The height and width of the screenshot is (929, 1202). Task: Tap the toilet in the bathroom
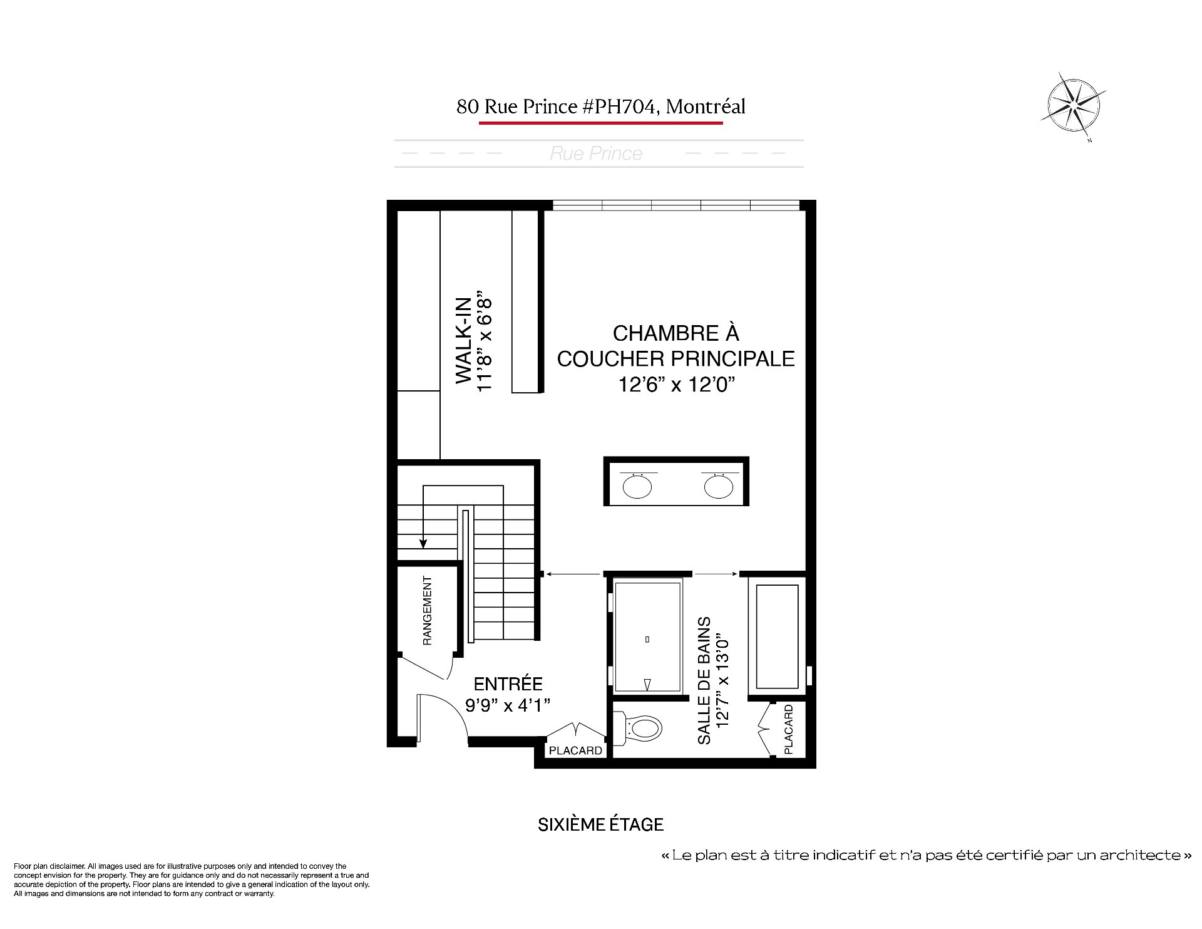(x=640, y=728)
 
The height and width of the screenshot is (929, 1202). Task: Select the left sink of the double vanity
(x=637, y=486)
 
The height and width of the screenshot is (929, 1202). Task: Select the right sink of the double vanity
(x=718, y=486)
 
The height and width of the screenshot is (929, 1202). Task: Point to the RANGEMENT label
(x=428, y=611)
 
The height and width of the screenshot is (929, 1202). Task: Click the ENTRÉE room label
(x=508, y=683)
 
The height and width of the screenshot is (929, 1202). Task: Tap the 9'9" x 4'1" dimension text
(x=508, y=705)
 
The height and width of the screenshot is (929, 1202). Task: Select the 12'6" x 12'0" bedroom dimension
(x=675, y=385)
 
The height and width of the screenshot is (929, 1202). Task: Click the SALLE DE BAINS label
(x=704, y=680)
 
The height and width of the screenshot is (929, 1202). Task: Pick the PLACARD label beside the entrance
(x=575, y=750)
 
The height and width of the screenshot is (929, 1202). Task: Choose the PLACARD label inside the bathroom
(x=789, y=729)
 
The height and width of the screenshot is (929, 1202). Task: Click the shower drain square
(x=647, y=640)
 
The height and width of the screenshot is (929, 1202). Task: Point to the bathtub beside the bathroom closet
(x=778, y=636)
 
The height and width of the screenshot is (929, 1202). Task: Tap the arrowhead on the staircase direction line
(x=424, y=544)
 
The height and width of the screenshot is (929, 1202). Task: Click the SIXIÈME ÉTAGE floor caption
(x=601, y=824)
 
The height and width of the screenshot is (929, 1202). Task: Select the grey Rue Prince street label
(x=596, y=153)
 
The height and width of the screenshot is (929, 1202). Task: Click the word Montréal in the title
(x=706, y=106)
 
